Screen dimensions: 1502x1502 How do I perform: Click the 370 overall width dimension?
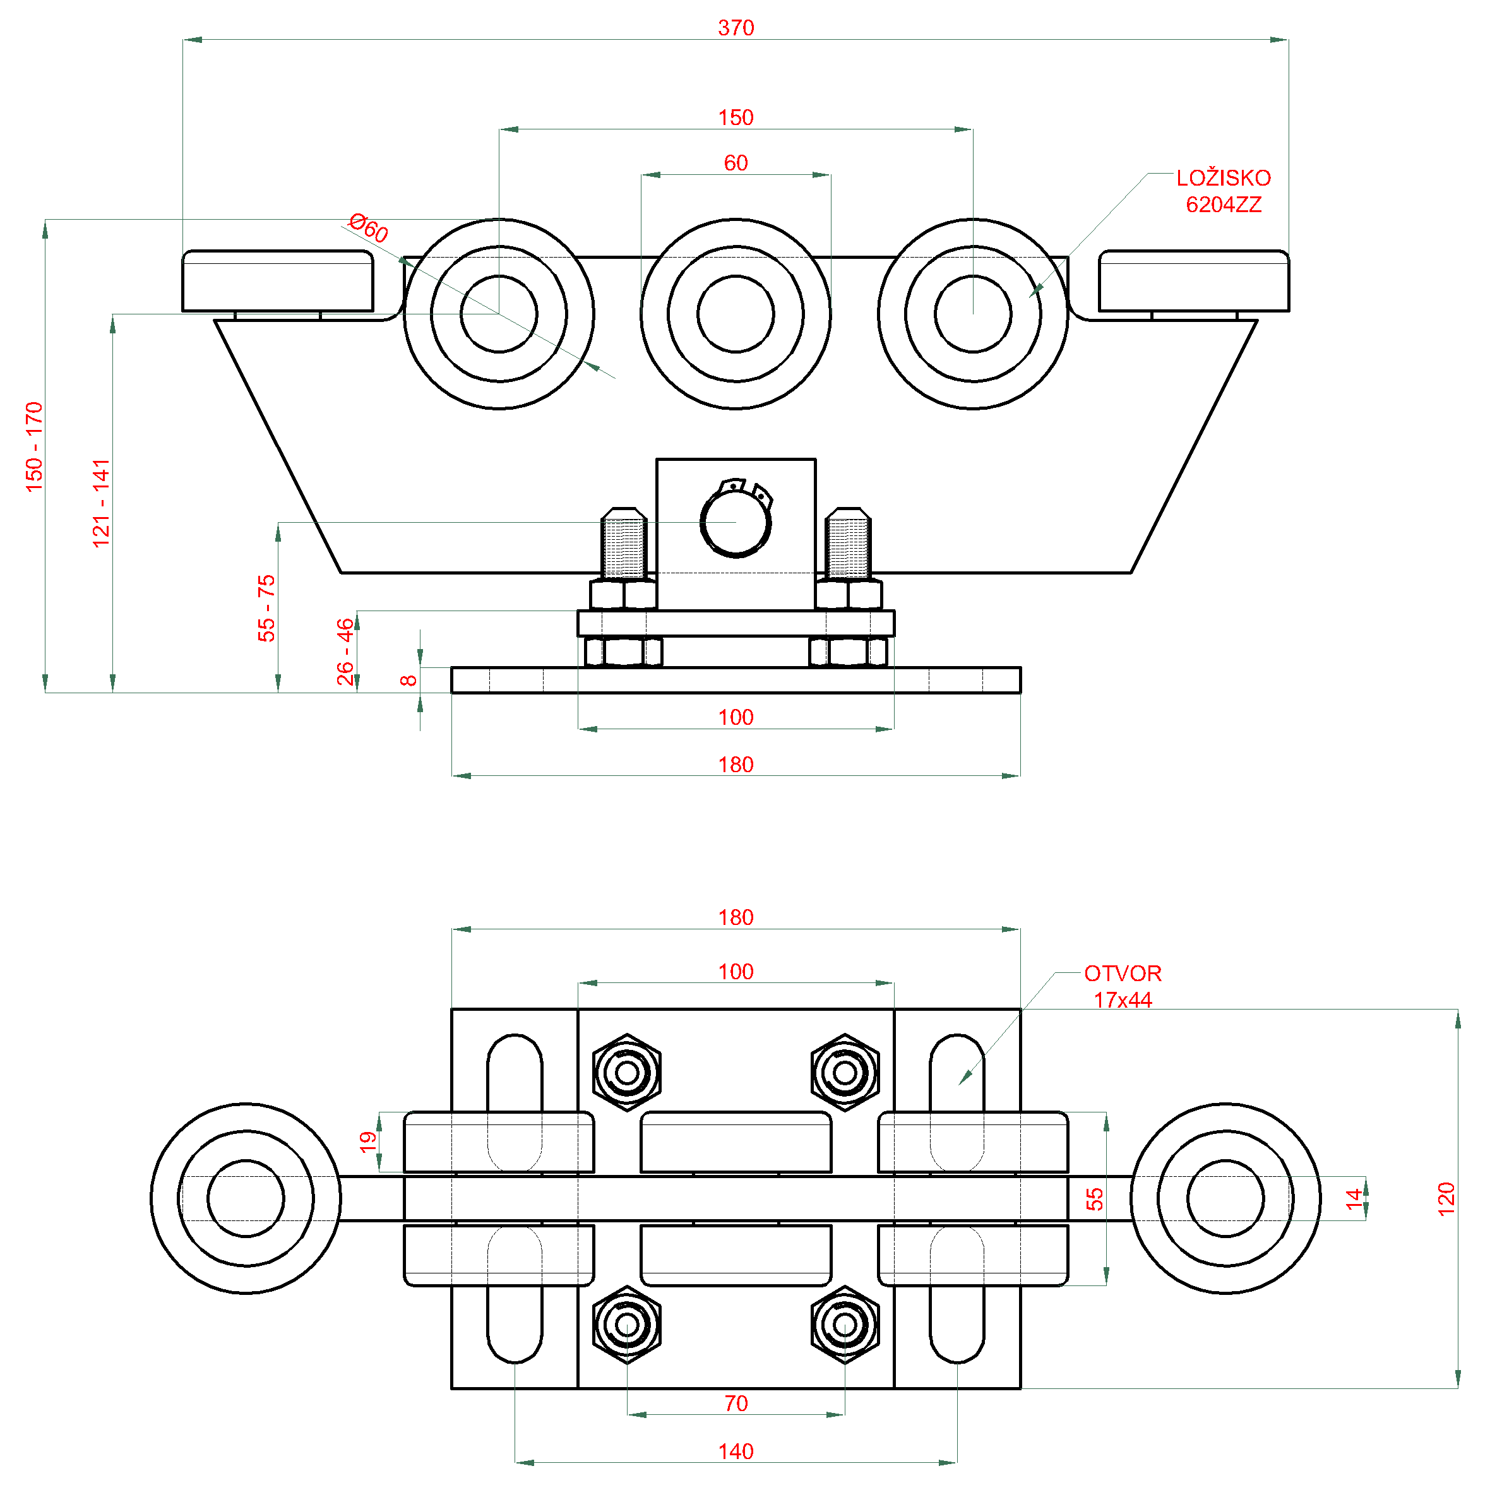(736, 28)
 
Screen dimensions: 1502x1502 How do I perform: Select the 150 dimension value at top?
(736, 117)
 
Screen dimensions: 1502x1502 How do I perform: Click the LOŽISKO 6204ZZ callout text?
(1223, 191)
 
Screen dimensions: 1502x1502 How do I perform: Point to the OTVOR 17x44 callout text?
(1123, 986)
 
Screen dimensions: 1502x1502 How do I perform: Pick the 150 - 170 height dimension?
(34, 446)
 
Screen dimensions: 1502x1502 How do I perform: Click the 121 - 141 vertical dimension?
(102, 503)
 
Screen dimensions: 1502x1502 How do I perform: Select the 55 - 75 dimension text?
(266, 608)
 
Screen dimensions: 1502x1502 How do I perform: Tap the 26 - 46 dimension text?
(345, 652)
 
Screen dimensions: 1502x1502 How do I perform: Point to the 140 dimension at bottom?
(736, 1451)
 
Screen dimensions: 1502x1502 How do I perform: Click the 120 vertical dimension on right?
(1445, 1199)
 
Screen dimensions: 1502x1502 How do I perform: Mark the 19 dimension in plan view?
(367, 1141)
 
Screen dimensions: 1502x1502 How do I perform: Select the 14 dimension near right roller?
(1354, 1198)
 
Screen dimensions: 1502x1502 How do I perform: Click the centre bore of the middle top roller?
(736, 314)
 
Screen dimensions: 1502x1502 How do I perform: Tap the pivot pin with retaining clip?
(736, 522)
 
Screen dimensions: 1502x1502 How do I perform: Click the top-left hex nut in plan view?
(626, 1073)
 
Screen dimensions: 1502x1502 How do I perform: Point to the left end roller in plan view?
(246, 1198)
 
